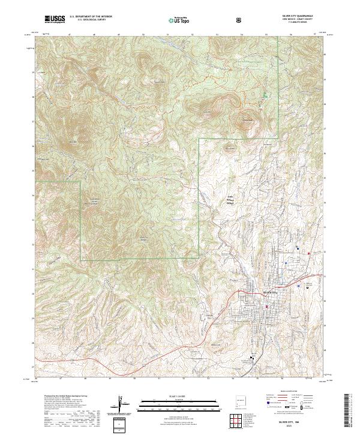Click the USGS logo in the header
tap(54, 19)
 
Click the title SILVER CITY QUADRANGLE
tap(304, 17)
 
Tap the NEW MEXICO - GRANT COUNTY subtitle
tap(304, 20)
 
